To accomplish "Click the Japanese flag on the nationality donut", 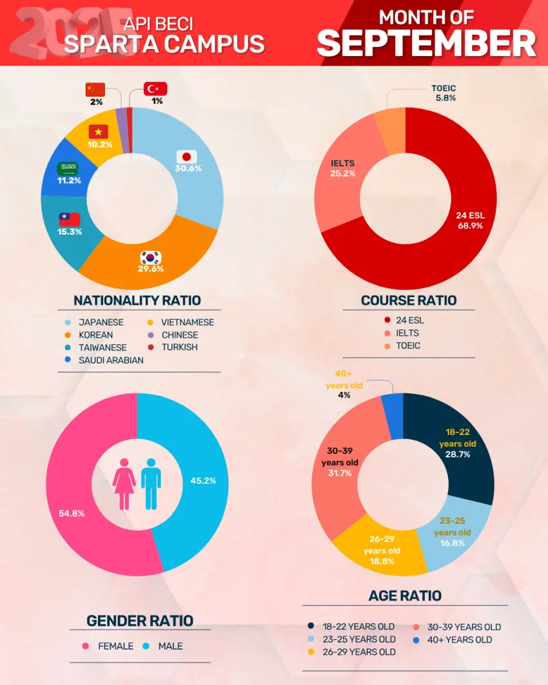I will (x=187, y=157).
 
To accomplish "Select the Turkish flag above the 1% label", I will (x=155, y=89).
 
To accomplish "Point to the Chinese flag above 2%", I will (x=95, y=90).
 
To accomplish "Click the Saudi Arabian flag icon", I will (x=68, y=169).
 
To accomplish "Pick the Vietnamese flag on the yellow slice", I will (x=99, y=131).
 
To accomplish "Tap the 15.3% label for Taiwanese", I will (x=70, y=231).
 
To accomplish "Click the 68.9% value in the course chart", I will (x=470, y=226).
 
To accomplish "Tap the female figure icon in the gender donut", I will (x=123, y=484).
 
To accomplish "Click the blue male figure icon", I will (x=151, y=484).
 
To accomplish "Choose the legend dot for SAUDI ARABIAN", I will (x=68, y=360).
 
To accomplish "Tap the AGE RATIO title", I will (x=405, y=595).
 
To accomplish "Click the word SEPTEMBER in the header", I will (x=426, y=43).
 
